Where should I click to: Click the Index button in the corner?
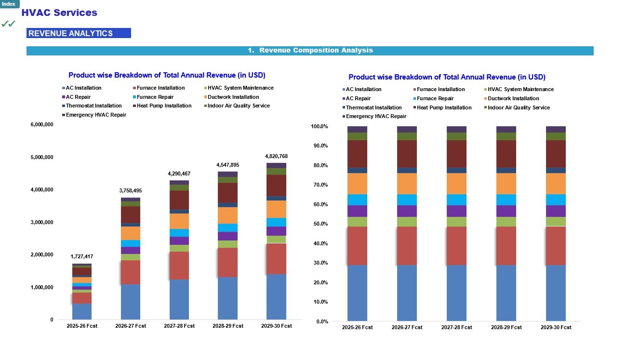[9, 4]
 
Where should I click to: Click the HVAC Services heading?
[59, 13]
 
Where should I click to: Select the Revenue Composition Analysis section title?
[310, 51]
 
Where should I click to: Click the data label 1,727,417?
[82, 257]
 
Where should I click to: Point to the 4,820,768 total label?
[276, 156]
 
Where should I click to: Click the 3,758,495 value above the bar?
[131, 191]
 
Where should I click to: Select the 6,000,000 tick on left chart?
[41, 125]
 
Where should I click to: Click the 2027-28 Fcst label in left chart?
[179, 326]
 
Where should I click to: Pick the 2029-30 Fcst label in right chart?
[556, 328]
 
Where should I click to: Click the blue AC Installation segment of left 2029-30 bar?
[276, 296]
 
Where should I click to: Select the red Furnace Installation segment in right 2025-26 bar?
[357, 246]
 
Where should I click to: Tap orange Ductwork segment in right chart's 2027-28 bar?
[456, 184]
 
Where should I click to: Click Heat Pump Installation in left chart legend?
[164, 106]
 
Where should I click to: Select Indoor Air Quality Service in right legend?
[519, 108]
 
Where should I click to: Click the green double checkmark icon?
[8, 24]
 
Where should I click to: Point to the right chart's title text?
[447, 77]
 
